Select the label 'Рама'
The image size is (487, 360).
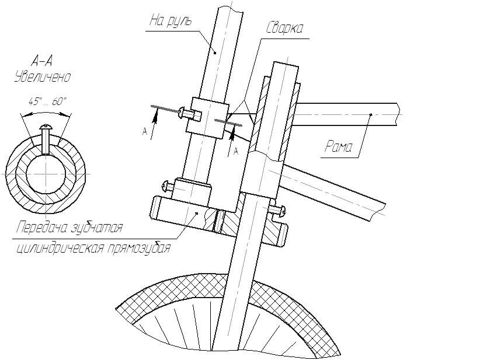(339, 148)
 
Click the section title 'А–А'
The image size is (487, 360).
(44, 60)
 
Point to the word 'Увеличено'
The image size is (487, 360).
(43, 76)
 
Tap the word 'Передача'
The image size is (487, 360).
(41, 226)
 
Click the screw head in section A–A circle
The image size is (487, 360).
(46, 126)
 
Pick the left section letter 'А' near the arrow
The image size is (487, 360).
(144, 132)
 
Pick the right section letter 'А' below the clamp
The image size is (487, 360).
(236, 151)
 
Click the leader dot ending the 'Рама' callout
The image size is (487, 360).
(370, 114)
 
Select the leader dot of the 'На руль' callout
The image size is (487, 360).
(215, 53)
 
